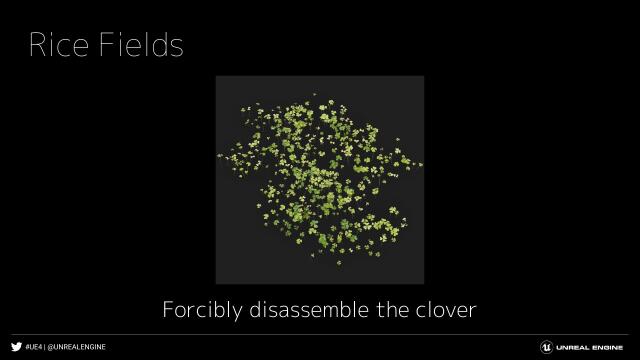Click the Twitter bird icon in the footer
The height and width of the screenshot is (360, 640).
(x=16, y=347)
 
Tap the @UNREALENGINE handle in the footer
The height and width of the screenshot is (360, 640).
(x=77, y=347)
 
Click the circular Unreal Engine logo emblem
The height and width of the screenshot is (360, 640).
(x=547, y=347)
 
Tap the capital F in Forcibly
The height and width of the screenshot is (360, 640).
(x=169, y=310)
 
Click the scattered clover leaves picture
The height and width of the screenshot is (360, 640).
(x=320, y=180)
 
